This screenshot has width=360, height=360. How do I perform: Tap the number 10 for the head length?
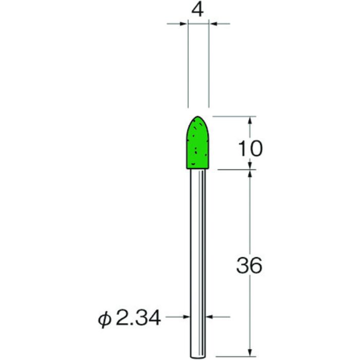coord(250,149)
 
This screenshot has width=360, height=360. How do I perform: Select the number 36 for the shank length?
coord(250,265)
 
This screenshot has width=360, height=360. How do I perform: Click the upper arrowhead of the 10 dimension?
coord(250,120)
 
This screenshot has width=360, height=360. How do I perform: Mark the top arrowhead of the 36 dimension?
coord(250,174)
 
